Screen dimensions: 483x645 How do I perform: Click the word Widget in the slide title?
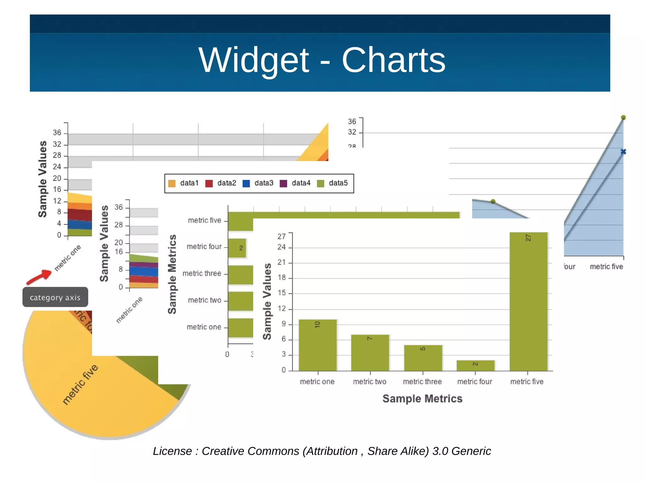pos(254,60)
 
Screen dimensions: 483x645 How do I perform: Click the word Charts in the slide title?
pos(393,60)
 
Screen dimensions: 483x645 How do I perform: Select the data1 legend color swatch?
pos(172,183)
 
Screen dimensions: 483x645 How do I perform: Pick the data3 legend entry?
pos(258,183)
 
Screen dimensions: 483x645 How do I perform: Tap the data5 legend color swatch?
pos(321,183)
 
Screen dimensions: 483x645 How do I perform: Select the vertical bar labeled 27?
pos(528,301)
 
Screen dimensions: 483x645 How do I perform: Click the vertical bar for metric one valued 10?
pos(317,345)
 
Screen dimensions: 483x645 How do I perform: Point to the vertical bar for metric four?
pos(475,365)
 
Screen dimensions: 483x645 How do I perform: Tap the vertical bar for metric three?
pos(423,358)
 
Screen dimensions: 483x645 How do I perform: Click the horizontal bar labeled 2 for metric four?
pos(237,248)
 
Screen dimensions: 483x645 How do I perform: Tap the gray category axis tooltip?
pos(55,297)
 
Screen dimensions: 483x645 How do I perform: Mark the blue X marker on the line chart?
pos(623,152)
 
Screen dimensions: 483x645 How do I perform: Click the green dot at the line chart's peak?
pos(623,118)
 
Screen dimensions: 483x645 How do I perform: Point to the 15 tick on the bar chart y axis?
pos(282,293)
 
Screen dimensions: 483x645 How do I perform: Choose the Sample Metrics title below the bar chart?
pos(422,399)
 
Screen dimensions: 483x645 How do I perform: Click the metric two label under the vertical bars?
pos(369,382)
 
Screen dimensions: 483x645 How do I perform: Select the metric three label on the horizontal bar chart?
pos(202,273)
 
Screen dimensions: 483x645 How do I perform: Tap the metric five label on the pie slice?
pos(80,385)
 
